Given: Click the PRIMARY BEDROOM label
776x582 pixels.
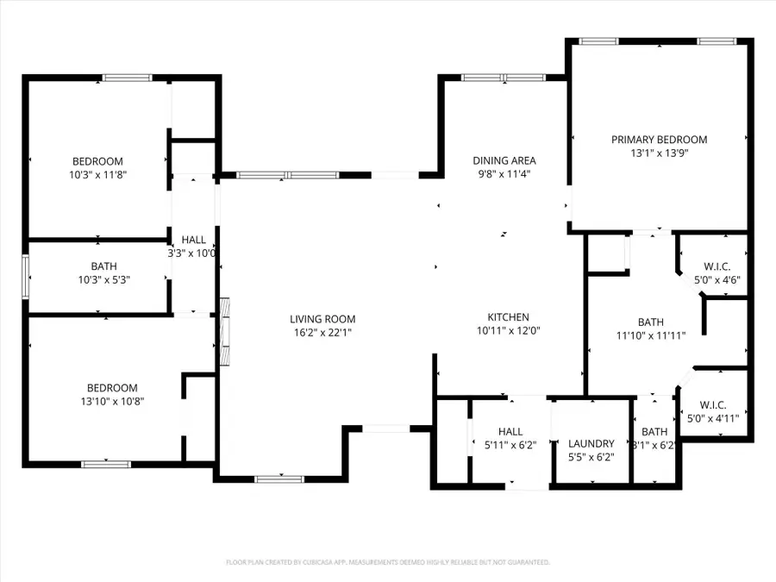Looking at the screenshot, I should [x=659, y=140].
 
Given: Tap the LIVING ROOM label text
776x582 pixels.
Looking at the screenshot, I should [x=322, y=319].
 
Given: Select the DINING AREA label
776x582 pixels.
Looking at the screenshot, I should [x=504, y=160].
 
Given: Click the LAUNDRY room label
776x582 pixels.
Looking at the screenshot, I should [x=591, y=444].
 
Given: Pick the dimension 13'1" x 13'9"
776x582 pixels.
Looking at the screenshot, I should [x=659, y=153].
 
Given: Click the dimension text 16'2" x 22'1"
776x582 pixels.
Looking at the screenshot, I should [x=322, y=332].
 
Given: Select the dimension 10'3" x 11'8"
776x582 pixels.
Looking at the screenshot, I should [x=97, y=174].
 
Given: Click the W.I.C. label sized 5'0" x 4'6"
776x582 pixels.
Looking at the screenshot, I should [x=718, y=267].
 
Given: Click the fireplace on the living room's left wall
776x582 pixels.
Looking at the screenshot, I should [x=225, y=331].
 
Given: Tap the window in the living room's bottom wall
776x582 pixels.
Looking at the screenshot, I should [x=279, y=479].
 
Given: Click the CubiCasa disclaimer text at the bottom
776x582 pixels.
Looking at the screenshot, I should [x=387, y=562].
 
